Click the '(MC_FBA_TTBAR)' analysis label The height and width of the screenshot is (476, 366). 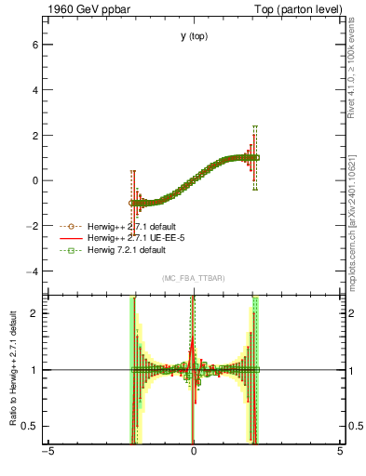(194, 279)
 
